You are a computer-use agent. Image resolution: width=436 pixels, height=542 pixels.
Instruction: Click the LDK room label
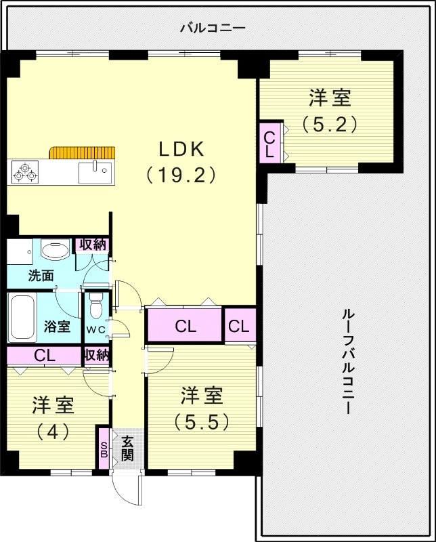coord(181,149)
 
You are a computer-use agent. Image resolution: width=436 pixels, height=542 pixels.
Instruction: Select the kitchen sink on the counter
coord(93,172)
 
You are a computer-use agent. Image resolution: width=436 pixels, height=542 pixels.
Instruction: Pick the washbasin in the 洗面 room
coord(54,251)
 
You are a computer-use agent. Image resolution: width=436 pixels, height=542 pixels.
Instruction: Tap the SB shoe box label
coord(104,449)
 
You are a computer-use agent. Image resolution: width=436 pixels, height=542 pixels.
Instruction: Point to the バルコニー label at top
coord(212,28)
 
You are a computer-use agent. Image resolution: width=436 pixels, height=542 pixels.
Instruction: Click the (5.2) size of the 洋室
coord(330,125)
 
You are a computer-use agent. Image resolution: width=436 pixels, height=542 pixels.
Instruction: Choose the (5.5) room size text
coord(201,421)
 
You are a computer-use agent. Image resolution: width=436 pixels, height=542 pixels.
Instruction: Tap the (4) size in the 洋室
coord(53,432)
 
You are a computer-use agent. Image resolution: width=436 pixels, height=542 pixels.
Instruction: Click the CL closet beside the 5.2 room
coord(269,143)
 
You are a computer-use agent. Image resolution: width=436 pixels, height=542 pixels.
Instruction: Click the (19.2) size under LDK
coord(181,175)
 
